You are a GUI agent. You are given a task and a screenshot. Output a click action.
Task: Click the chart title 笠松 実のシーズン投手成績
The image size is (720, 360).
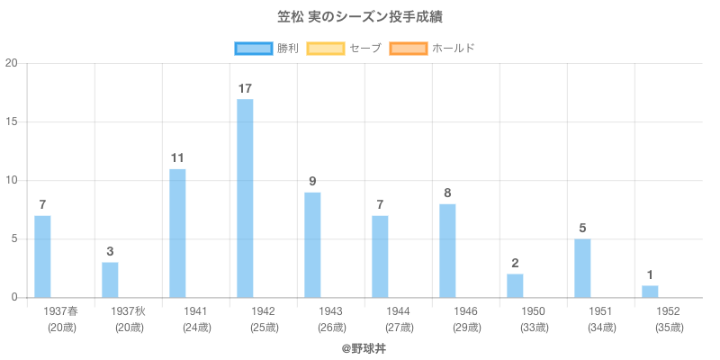pos(360,17)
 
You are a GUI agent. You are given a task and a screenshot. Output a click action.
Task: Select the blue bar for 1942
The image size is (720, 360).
pos(245,198)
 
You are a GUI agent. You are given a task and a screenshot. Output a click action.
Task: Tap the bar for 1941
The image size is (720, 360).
pos(177,233)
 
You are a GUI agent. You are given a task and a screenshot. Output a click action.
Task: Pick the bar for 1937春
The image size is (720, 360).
pos(42,256)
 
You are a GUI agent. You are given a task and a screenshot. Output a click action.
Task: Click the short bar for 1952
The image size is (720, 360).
pos(650,292)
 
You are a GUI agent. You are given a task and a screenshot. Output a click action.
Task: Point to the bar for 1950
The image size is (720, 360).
pos(515,285)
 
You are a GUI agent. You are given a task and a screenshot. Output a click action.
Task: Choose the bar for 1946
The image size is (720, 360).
pos(447,251)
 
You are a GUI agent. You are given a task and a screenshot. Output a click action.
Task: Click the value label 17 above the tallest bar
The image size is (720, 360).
pos(245,88)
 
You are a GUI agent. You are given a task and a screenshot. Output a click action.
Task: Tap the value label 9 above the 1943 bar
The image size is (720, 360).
pos(312,182)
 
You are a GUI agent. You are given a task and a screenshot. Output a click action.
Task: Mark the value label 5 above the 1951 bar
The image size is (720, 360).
pos(582,229)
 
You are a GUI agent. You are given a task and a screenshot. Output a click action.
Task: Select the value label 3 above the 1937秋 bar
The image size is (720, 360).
pos(110,252)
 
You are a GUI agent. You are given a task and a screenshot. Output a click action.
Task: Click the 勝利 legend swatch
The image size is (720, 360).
pos(253,48)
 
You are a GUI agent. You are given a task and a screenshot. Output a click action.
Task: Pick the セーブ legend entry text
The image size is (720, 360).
pos(365,48)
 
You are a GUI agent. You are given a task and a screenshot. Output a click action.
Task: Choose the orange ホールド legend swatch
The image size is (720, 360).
pos(408,48)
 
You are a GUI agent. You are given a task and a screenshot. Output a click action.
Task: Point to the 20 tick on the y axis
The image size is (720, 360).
pos(12,63)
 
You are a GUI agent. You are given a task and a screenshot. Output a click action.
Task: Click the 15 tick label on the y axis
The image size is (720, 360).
pos(12,121)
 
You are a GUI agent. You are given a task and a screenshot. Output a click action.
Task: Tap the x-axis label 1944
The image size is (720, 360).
pos(398,311)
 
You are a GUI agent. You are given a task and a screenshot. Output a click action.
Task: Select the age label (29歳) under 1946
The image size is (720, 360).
pos(465,328)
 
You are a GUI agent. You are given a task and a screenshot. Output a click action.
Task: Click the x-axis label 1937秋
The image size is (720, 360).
pos(128,311)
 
